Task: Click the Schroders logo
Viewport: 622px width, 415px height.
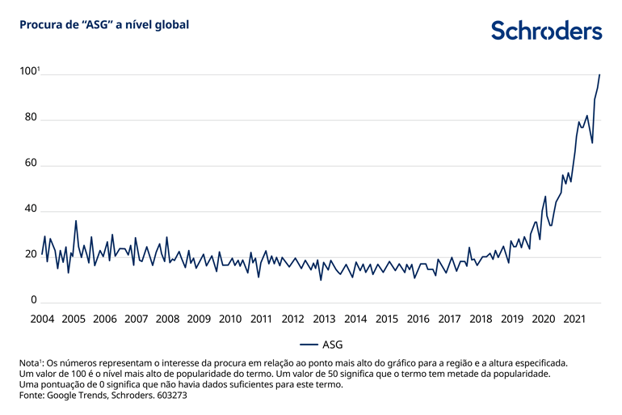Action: click(x=546, y=31)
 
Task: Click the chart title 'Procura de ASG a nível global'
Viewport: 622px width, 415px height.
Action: click(x=104, y=25)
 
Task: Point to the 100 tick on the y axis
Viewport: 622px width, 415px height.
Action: click(x=29, y=71)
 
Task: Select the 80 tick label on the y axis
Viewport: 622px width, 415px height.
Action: click(x=29, y=118)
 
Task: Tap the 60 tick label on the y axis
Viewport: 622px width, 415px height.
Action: click(x=29, y=163)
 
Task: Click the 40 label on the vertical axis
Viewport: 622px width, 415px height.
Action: click(x=29, y=210)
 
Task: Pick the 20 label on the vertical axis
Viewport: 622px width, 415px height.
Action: click(x=29, y=255)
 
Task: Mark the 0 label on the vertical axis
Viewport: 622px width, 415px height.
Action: click(x=33, y=300)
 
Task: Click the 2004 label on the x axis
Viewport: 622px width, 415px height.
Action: click(x=42, y=319)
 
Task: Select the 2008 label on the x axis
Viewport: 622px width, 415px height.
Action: click(x=167, y=319)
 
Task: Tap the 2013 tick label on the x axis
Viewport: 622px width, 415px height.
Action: click(x=324, y=319)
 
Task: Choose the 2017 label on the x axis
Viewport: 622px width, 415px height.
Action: click(x=449, y=319)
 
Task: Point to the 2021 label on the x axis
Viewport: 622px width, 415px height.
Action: click(x=574, y=319)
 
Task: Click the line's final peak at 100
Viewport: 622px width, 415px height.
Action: click(x=599, y=74)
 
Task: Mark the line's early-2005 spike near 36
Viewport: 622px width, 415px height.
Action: click(x=76, y=221)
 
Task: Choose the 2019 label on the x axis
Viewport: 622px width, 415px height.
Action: click(x=511, y=319)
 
